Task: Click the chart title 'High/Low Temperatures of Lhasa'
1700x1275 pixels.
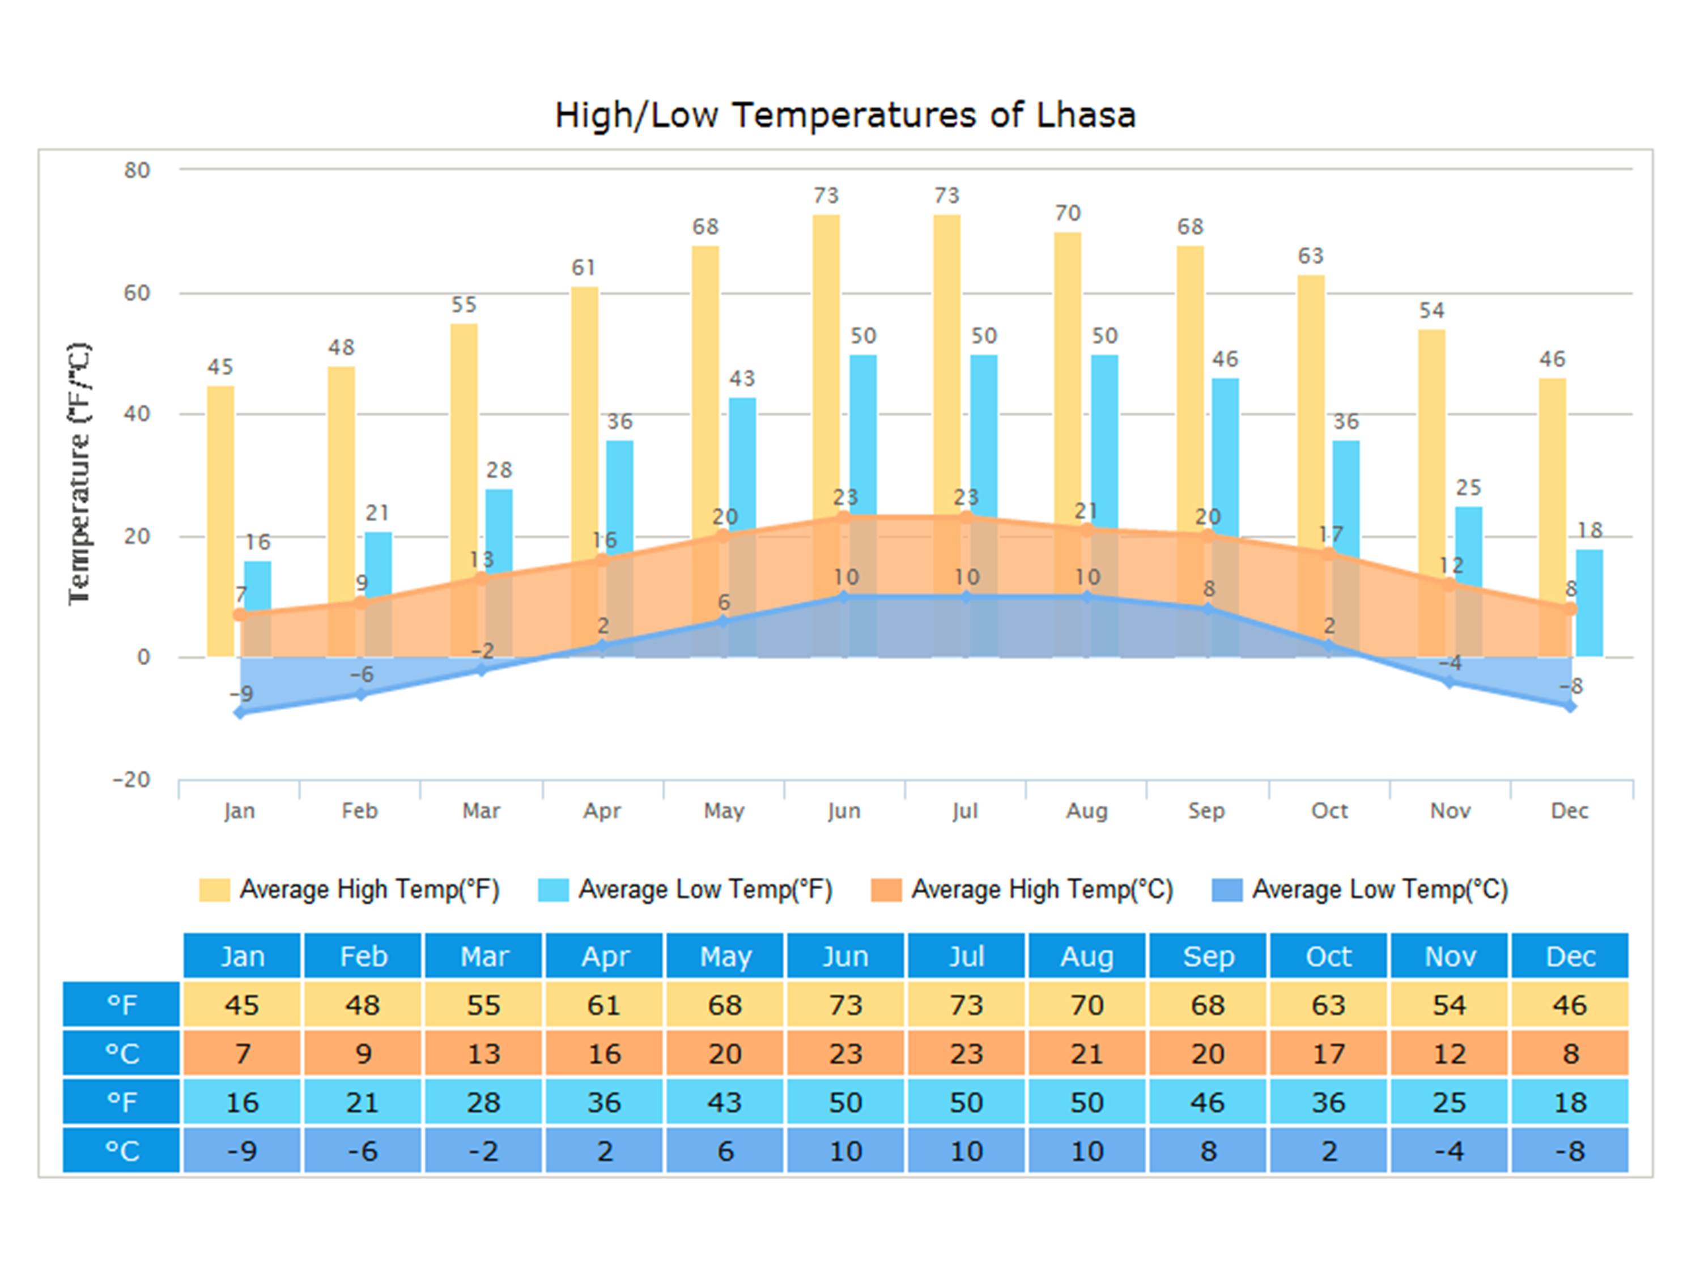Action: click(845, 115)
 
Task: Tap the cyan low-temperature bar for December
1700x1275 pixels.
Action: click(1589, 603)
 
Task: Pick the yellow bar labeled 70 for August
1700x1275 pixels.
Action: click(1068, 369)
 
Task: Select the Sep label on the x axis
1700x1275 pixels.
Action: click(1206, 811)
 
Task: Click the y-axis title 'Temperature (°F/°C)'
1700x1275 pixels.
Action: click(79, 473)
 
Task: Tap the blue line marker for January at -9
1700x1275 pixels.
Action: click(241, 712)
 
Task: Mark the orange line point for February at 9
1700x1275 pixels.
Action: click(360, 602)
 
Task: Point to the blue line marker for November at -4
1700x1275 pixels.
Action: click(1450, 682)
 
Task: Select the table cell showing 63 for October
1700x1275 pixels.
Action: click(1328, 1005)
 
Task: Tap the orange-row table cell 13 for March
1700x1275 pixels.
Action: click(483, 1053)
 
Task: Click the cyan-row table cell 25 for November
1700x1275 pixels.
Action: click(1449, 1102)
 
